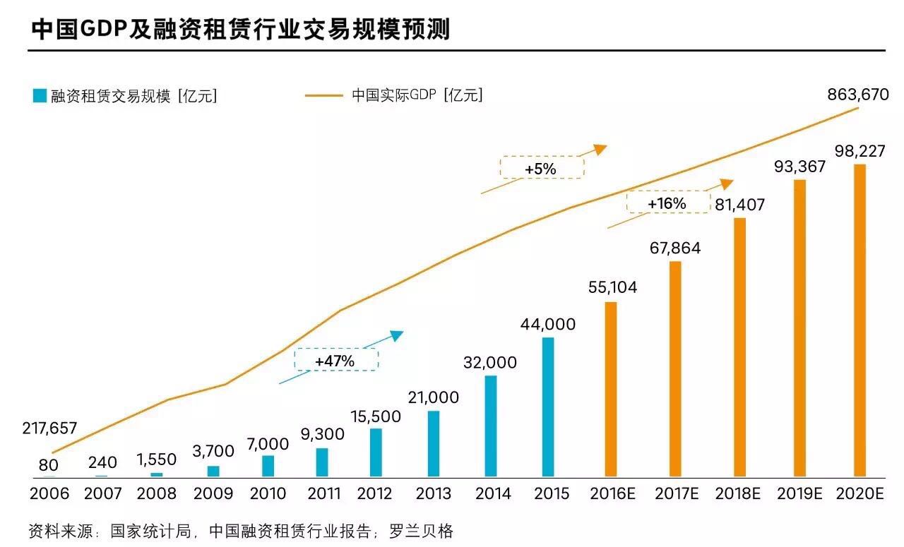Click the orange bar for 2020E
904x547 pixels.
859,320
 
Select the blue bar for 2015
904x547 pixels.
548,407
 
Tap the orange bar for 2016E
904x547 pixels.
611,389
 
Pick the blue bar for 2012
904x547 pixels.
376,452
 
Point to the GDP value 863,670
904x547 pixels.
857,95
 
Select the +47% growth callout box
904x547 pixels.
335,359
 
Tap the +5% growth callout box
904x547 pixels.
542,168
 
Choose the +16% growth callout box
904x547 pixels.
667,203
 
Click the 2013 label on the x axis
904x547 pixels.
433,493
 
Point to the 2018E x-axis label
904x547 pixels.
737,493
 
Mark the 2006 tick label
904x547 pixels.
49,493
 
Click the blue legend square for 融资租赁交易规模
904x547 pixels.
39,96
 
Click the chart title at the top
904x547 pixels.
241,30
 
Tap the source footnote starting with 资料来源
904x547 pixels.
240,531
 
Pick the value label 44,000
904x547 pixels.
547,325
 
